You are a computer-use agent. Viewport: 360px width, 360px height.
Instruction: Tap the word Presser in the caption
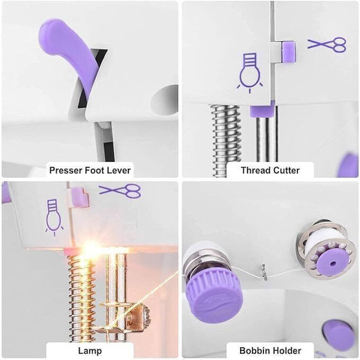66,170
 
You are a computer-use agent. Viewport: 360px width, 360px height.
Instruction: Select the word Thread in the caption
256,170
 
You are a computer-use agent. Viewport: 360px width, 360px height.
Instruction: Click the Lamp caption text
90,351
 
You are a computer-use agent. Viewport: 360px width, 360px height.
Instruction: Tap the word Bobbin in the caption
253,351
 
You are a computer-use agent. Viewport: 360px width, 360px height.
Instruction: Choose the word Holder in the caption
286,351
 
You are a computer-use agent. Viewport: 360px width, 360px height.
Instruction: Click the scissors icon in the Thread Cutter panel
327,44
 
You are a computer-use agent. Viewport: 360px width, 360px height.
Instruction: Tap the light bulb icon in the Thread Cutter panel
250,73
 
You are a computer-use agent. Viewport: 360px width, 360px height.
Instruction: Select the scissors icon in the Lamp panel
120,190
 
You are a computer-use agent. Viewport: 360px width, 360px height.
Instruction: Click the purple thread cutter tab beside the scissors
289,52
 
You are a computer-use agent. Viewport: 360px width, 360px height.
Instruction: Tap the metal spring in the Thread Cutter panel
226,140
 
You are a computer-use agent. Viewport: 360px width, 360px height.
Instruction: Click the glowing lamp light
93,248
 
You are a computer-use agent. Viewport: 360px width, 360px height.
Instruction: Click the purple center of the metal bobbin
332,263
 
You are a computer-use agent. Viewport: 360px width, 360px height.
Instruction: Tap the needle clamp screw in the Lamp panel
144,316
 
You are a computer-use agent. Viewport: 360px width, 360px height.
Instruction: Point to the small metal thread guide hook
265,273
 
